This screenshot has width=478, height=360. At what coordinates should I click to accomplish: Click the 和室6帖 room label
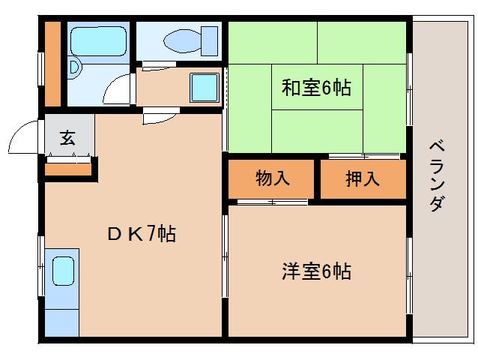click(x=316, y=88)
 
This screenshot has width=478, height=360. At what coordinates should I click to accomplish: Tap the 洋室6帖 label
click(x=316, y=271)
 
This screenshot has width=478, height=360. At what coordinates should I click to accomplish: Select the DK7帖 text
click(x=142, y=234)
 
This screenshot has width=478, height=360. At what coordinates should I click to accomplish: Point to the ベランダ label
click(x=437, y=175)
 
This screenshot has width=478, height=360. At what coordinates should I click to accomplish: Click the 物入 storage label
click(x=272, y=178)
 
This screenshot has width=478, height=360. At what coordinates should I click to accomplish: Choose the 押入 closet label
click(x=363, y=178)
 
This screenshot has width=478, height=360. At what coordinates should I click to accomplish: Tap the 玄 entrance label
click(x=67, y=137)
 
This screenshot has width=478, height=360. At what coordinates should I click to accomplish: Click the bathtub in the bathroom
click(x=98, y=41)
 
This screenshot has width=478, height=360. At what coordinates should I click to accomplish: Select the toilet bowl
click(x=182, y=41)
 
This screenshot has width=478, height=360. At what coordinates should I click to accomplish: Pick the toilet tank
click(x=210, y=41)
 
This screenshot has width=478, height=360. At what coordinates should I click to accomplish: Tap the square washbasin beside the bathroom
click(x=205, y=88)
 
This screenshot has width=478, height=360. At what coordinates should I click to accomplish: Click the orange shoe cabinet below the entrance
click(x=68, y=169)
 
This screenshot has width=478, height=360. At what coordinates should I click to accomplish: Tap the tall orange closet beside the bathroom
click(x=52, y=64)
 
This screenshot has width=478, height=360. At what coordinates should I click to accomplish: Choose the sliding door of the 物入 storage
click(x=272, y=202)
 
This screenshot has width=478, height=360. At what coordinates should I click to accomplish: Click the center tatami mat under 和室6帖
click(x=317, y=87)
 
